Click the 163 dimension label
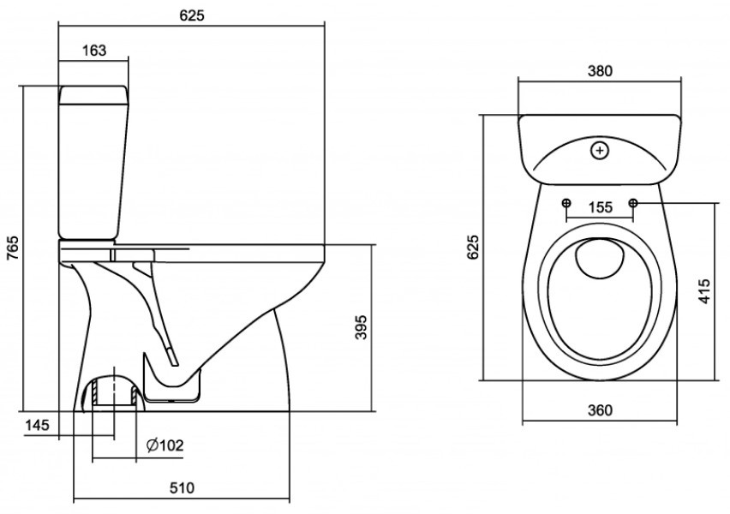(95, 51)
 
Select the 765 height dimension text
(12, 247)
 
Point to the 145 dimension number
(37, 424)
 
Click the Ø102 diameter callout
(165, 445)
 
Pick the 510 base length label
(180, 488)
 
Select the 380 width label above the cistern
(600, 72)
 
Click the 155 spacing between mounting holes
(600, 206)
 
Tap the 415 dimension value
(704, 291)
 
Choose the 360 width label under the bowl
(600, 410)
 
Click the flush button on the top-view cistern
(600, 152)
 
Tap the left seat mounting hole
(567, 203)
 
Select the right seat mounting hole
(633, 203)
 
